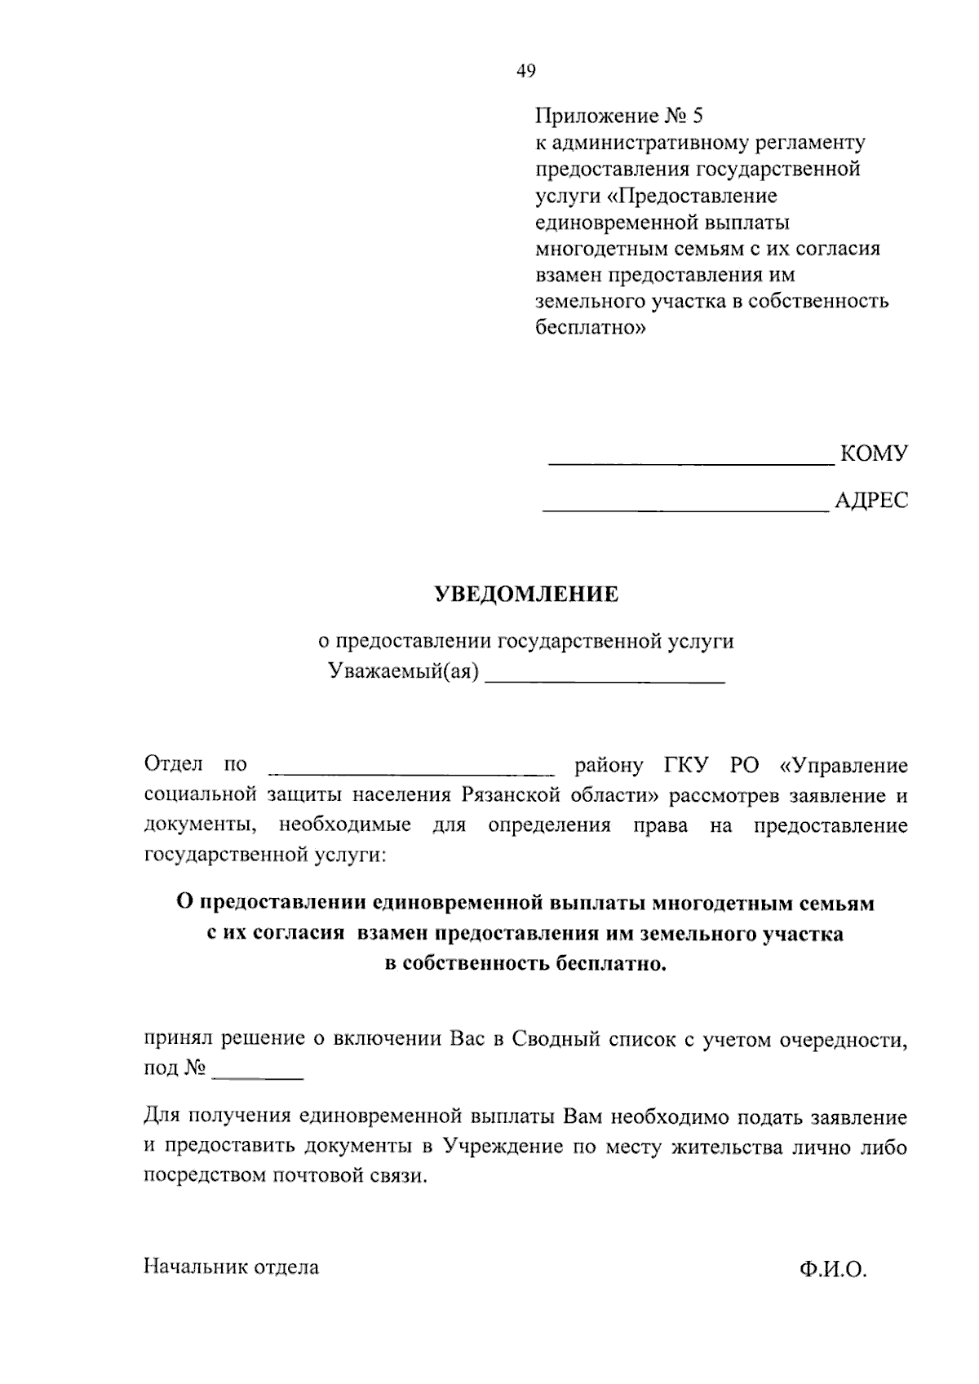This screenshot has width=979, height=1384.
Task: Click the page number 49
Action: click(526, 72)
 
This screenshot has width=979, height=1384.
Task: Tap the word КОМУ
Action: click(873, 453)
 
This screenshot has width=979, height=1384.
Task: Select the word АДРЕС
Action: click(871, 501)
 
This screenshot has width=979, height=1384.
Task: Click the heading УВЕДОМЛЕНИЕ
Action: click(525, 595)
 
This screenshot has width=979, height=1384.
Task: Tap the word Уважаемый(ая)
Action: click(403, 672)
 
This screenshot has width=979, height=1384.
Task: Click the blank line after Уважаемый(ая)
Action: click(605, 680)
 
